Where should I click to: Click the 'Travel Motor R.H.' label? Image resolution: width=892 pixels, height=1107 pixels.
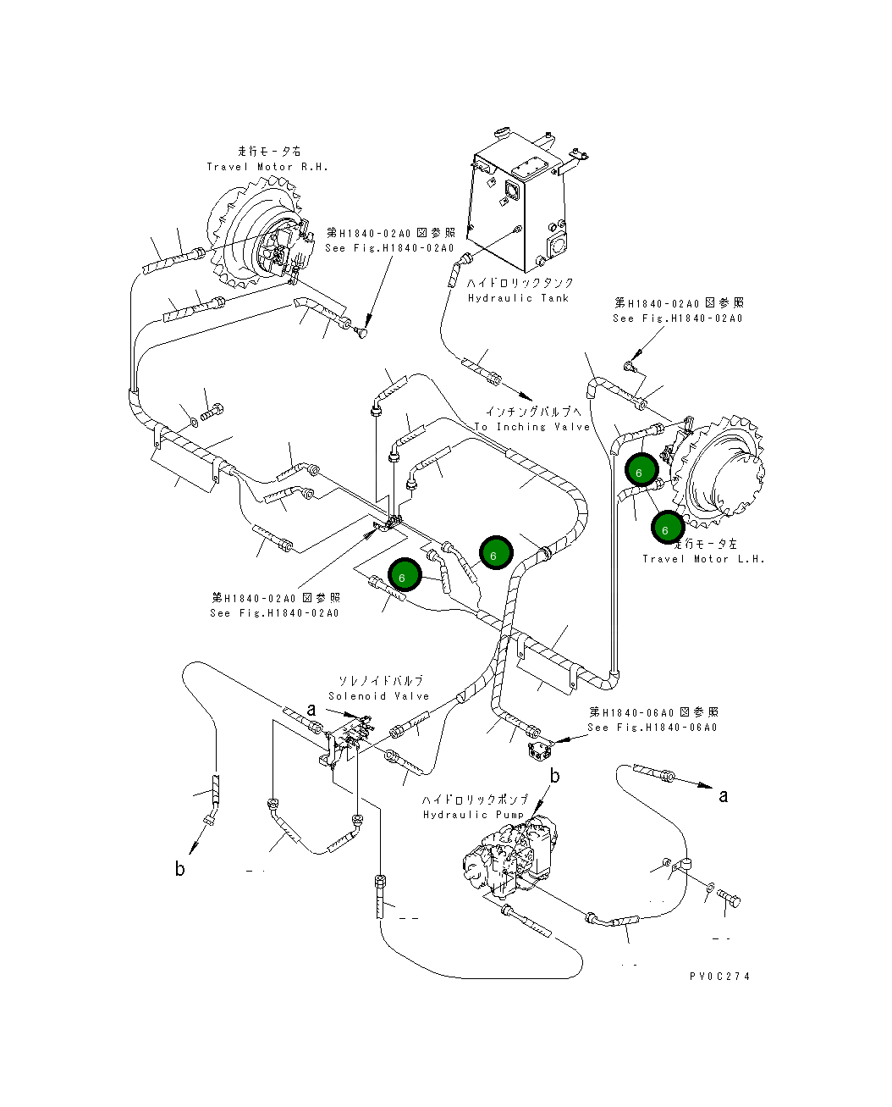(x=267, y=167)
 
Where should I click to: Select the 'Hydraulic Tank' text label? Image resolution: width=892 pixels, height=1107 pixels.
(x=518, y=298)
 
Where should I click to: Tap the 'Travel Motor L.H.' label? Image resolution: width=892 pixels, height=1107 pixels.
(x=703, y=559)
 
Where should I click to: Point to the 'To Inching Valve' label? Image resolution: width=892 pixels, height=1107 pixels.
(x=531, y=427)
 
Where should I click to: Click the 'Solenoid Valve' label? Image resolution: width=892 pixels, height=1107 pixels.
(x=379, y=696)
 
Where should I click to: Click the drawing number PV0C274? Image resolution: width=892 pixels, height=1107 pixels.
(x=719, y=976)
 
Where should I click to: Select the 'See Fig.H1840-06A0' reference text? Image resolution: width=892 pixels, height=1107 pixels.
(x=652, y=728)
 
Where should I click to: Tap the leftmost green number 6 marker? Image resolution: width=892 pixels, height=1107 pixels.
(x=404, y=576)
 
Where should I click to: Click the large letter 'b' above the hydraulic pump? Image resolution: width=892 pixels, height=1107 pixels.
(x=555, y=775)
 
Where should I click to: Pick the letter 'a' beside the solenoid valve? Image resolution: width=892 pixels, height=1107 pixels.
(x=311, y=709)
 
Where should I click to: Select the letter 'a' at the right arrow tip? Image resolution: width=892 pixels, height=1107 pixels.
(x=723, y=795)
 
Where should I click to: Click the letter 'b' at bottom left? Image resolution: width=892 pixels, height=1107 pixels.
(x=179, y=868)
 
